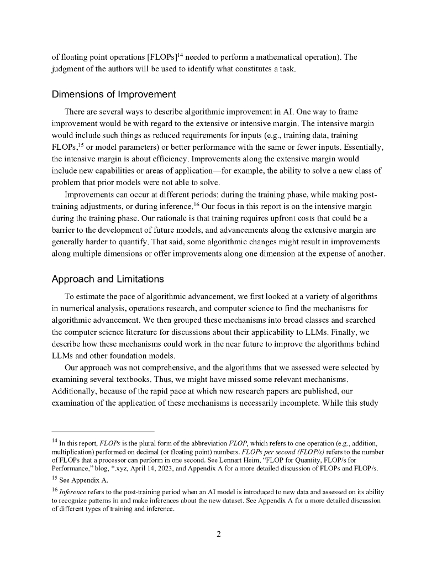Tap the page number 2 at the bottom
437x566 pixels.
point(219,533)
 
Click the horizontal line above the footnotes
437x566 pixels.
point(103,432)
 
